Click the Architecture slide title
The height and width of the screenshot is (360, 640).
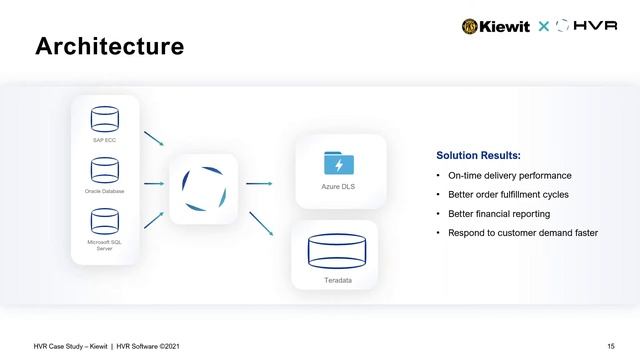tap(110, 47)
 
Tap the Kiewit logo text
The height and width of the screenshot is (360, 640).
tap(505, 26)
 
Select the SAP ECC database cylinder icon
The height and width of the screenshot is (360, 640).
tap(105, 120)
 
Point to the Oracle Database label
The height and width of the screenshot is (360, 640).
tap(105, 190)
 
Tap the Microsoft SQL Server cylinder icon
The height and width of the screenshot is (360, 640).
tap(105, 220)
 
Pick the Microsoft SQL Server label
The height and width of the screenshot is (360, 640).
tap(105, 245)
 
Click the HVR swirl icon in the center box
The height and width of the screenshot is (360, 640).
tap(203, 188)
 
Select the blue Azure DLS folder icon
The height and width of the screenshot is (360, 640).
tap(339, 162)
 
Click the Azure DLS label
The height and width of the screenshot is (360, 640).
tap(339, 186)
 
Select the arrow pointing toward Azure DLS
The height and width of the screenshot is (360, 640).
tap(260, 184)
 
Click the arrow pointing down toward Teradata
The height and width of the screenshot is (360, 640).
tap(262, 222)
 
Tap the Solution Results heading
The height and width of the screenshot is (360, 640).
tap(478, 156)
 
